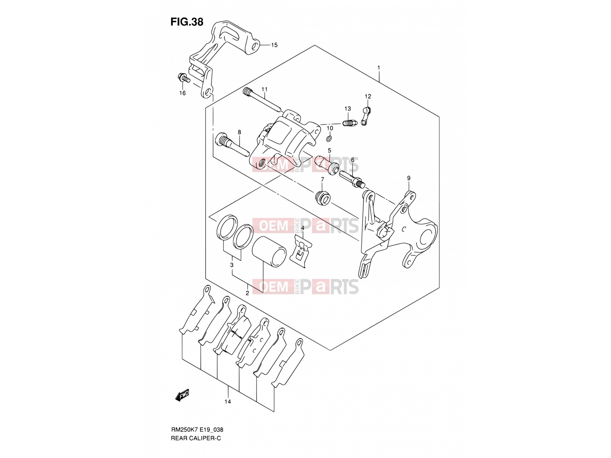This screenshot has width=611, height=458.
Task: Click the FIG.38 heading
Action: pos(187,22)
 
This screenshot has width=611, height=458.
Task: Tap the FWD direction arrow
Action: pos(182,395)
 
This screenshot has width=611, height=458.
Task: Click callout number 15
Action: pos(274,45)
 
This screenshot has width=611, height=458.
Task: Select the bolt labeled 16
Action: pos(183,77)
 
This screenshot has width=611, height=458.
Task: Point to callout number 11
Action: pos(264,89)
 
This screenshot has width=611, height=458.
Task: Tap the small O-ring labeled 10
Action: pos(330,138)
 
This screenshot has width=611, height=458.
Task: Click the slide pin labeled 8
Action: pos(233,145)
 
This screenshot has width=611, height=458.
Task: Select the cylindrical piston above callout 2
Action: pos(269,252)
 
